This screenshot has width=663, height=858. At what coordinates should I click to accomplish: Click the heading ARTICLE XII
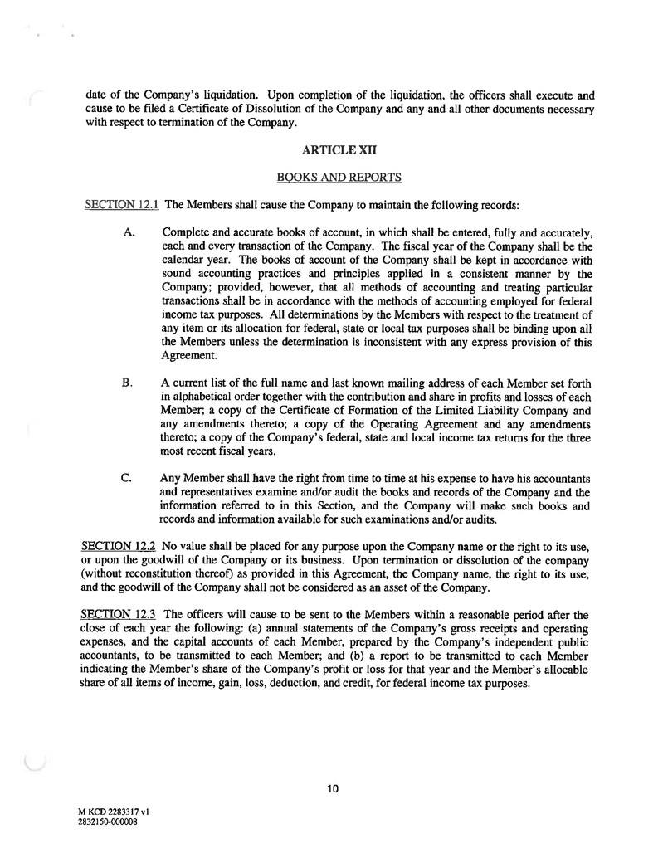click(331, 152)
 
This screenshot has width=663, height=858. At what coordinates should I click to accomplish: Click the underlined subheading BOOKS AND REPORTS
click(331, 177)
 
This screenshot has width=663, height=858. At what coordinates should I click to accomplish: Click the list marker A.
click(129, 235)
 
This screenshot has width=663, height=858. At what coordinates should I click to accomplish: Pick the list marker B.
click(128, 383)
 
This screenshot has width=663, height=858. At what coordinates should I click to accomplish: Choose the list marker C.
click(128, 479)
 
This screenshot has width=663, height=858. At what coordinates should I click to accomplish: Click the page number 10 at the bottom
click(332, 789)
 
